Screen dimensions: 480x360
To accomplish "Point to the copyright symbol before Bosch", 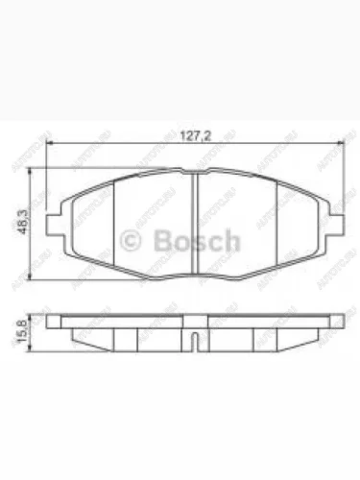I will pos(132,239).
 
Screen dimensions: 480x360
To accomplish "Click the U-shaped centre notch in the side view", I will pos(195,339).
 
